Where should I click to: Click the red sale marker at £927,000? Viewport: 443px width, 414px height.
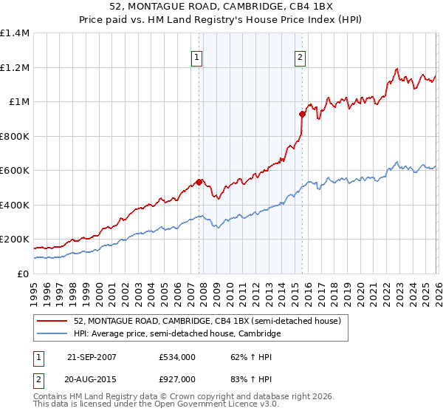(302, 114)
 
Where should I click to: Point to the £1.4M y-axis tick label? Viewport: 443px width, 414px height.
(15, 33)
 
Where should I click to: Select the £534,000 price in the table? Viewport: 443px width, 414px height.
(177, 357)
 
